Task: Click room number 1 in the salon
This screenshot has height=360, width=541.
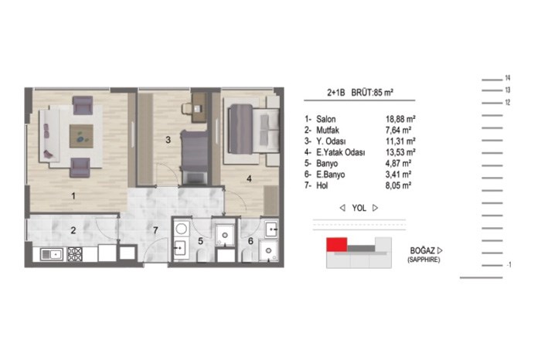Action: pyautogui.click(x=73, y=196)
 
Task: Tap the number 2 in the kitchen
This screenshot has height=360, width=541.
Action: pyautogui.click(x=73, y=230)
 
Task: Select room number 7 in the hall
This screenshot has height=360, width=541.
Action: pyautogui.click(x=155, y=230)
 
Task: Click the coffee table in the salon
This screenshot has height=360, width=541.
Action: pyautogui.click(x=81, y=136)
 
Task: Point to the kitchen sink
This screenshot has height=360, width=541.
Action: pyautogui.click(x=52, y=254)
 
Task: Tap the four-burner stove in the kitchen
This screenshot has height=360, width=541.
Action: pyautogui.click(x=74, y=254)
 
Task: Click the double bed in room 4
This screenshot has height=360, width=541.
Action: pyautogui.click(x=253, y=128)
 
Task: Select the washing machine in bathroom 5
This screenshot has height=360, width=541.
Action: pyautogui.click(x=181, y=229)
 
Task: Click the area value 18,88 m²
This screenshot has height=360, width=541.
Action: pyautogui.click(x=400, y=119)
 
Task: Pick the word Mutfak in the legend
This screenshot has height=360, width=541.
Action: pyautogui.click(x=328, y=131)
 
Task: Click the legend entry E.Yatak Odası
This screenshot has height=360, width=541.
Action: pyautogui.click(x=340, y=152)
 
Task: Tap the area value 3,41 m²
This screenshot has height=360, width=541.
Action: pyautogui.click(x=398, y=175)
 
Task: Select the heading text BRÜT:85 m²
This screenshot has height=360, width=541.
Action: pyautogui.click(x=373, y=93)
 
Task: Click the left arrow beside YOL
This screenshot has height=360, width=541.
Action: pyautogui.click(x=342, y=208)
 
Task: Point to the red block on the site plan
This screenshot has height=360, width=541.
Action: pyautogui.click(x=337, y=244)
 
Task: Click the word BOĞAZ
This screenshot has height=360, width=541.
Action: pyautogui.click(x=423, y=251)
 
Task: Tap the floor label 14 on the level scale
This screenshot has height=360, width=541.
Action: pyautogui.click(x=508, y=78)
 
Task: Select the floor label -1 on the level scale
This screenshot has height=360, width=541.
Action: pyautogui.click(x=509, y=265)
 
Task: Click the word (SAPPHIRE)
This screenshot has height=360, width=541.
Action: pyautogui.click(x=424, y=260)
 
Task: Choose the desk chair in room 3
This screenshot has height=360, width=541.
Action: pyautogui.click(x=187, y=108)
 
